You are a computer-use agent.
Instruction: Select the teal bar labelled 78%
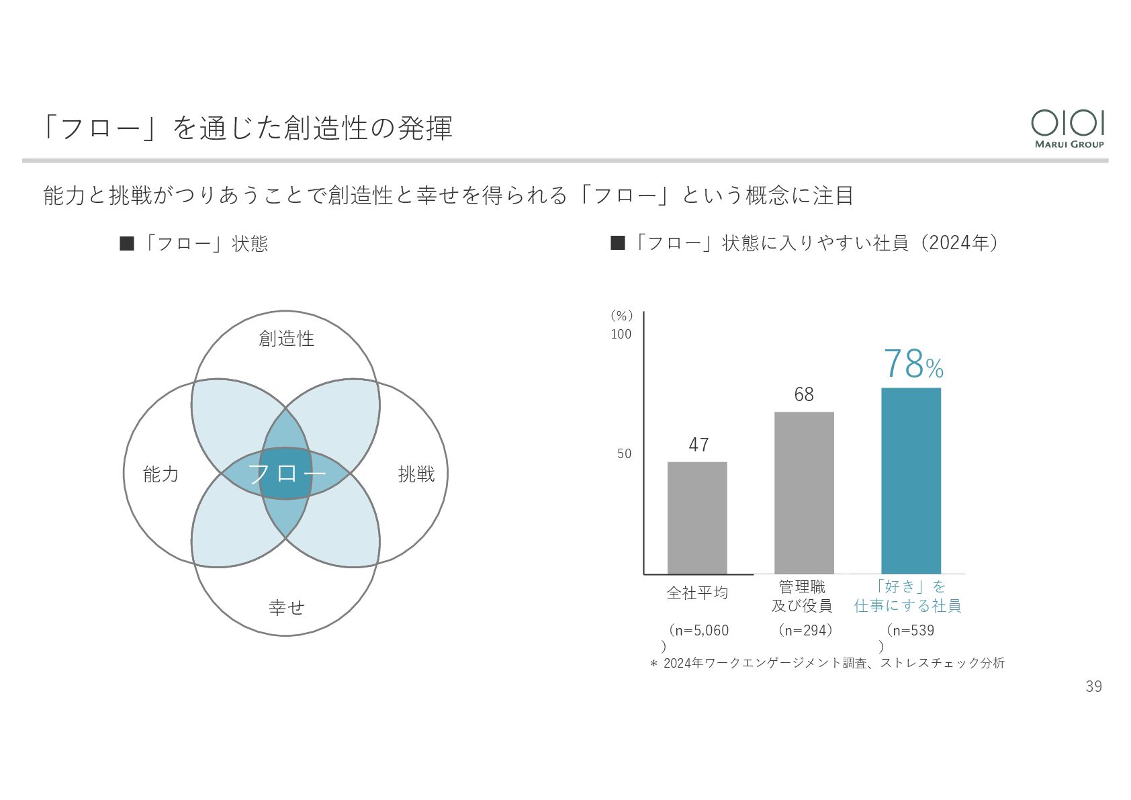point(911,480)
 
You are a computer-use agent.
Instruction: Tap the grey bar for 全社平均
point(697,518)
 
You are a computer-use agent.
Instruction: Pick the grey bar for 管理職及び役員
point(804,492)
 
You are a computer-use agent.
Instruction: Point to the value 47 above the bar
point(698,445)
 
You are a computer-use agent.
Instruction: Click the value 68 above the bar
point(804,394)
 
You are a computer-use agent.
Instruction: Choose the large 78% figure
point(913,363)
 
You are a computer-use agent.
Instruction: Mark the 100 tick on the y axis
point(621,334)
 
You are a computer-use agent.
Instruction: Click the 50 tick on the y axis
point(624,453)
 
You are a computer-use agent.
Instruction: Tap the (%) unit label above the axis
point(621,316)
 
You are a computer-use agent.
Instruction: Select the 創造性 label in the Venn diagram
point(286,339)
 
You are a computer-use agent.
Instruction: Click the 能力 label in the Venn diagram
point(161,474)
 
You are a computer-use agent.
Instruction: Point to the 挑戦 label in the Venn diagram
point(416,474)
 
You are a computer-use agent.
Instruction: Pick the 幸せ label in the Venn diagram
point(286,607)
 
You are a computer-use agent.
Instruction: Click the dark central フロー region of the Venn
point(286,474)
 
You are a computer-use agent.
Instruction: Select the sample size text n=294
point(805,630)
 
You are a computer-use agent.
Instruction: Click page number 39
point(1093,686)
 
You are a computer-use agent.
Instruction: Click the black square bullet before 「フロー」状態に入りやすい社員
point(617,243)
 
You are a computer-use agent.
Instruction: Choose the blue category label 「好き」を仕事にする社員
point(907,596)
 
